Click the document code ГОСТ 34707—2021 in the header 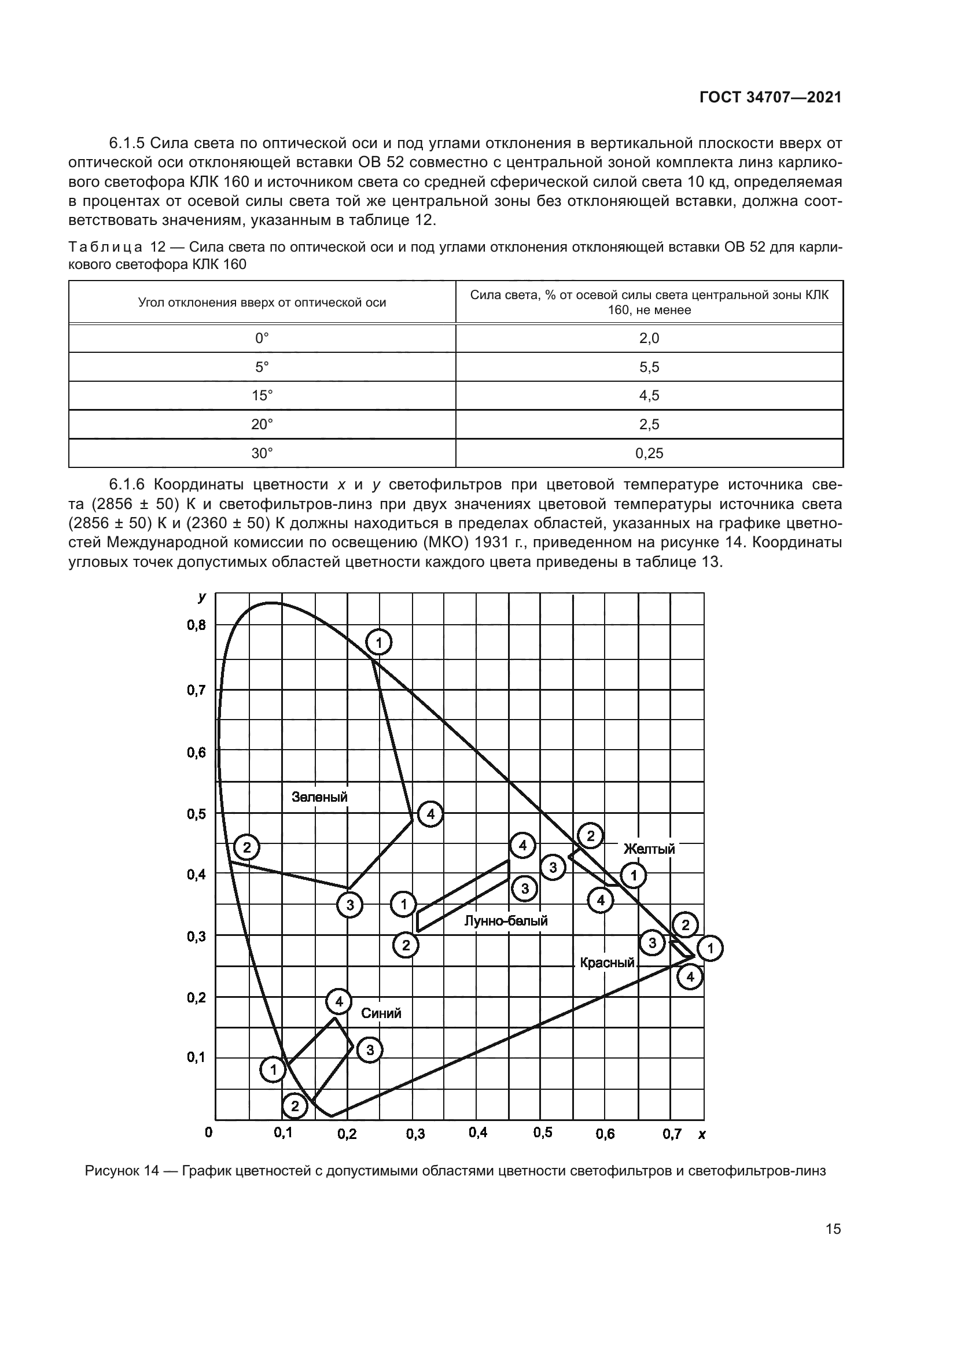(770, 97)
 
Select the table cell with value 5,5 (649, 367)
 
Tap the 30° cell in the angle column (262, 453)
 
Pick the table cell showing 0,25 (649, 453)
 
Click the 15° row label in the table (262, 396)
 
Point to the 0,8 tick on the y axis (197, 625)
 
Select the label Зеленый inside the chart (319, 797)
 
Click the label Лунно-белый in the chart (506, 920)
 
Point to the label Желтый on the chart (649, 849)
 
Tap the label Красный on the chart (607, 963)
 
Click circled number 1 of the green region (379, 642)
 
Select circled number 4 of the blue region (339, 1001)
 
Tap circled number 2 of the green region (247, 848)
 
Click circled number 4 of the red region (690, 978)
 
